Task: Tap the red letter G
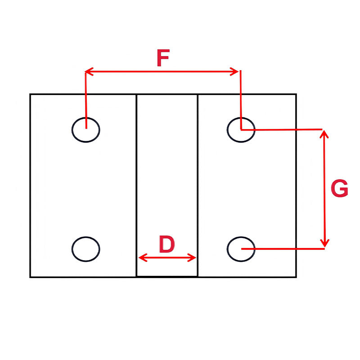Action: pos(339,189)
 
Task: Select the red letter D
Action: pos(166,245)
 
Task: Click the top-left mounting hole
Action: pos(86,130)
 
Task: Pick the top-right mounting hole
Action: pos(241,130)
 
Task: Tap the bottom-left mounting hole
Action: pos(86,249)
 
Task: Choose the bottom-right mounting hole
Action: pos(241,249)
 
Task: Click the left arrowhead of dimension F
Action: pos(89,71)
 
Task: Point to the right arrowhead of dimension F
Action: pos(235,71)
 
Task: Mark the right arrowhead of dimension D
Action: pos(193,258)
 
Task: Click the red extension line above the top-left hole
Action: pos(85,99)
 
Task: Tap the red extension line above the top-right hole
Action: pos(241,99)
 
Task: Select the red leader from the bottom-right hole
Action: pos(283,248)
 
